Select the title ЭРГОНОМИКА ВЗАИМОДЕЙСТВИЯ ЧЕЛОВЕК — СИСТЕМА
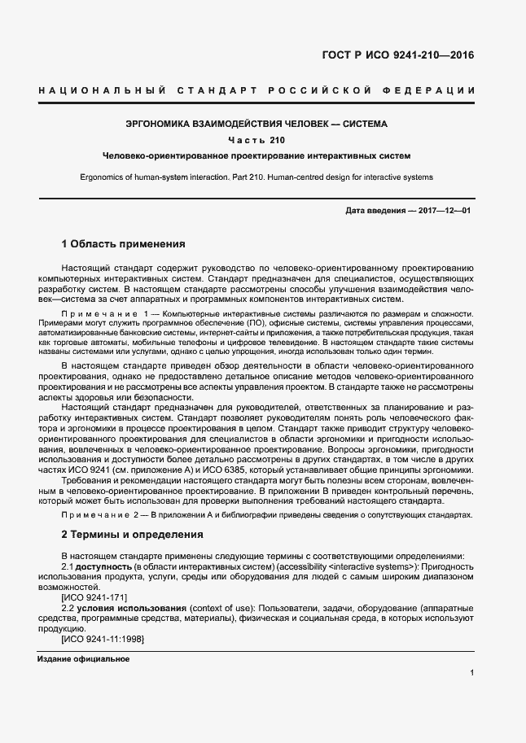256,125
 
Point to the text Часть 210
256,140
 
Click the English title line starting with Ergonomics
256,177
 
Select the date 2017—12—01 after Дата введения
445,211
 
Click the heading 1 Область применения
124,243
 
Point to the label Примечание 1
106,313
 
